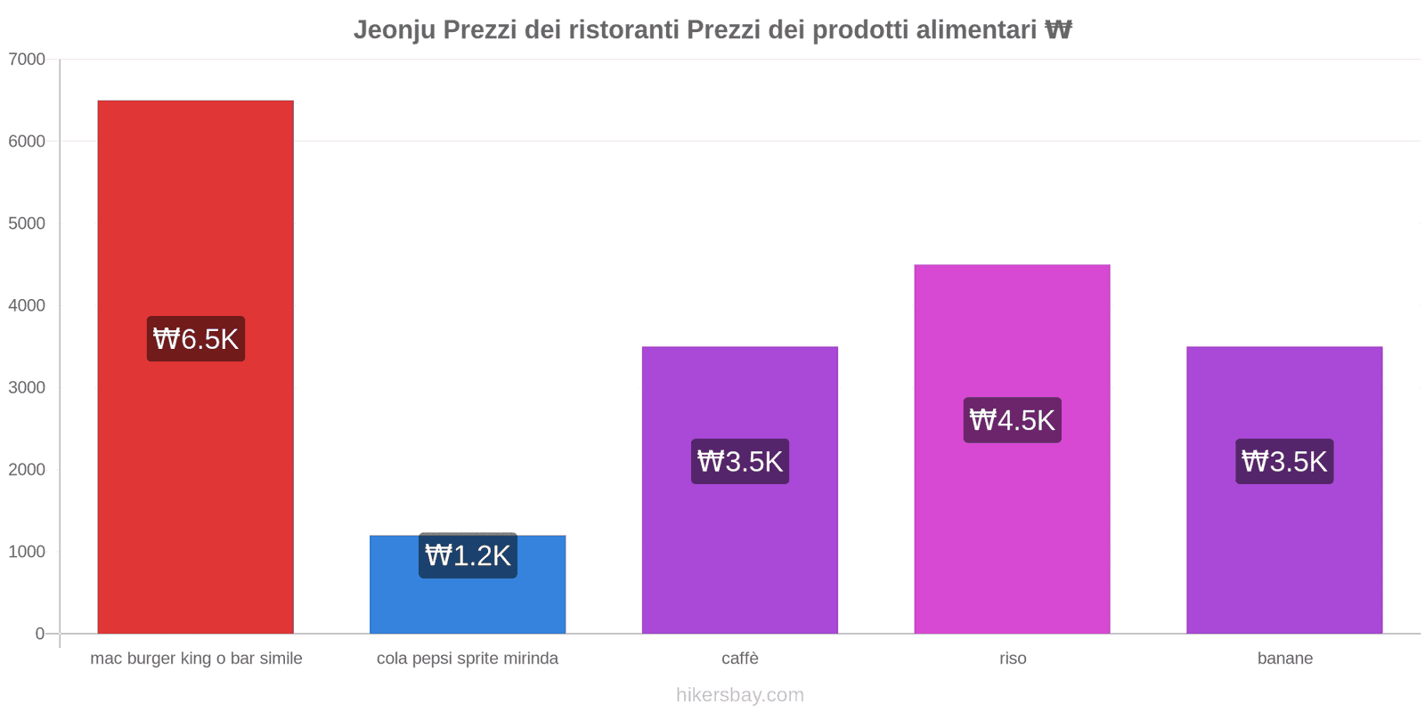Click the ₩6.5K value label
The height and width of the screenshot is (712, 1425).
pyautogui.click(x=196, y=339)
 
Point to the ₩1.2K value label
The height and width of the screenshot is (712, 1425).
pyautogui.click(x=468, y=555)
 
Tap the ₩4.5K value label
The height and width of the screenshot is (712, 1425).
pyautogui.click(x=1012, y=420)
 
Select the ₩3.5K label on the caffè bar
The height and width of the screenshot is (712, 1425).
pyautogui.click(x=739, y=462)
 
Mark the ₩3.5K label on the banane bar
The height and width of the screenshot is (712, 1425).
pyautogui.click(x=1284, y=462)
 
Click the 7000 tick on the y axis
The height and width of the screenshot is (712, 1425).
pyautogui.click(x=27, y=60)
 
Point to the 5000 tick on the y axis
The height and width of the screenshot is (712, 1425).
pyautogui.click(x=27, y=223)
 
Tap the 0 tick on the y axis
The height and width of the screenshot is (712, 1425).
pyautogui.click(x=39, y=634)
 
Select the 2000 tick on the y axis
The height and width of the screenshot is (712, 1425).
pyautogui.click(x=27, y=470)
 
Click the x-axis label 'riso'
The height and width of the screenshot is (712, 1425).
pyautogui.click(x=1013, y=659)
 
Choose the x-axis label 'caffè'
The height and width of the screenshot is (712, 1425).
pyautogui.click(x=740, y=659)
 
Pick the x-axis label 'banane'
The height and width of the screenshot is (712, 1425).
pyautogui.click(x=1284, y=659)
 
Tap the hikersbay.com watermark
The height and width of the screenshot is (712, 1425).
pyautogui.click(x=739, y=695)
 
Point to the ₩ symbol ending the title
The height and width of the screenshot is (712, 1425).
pyautogui.click(x=1058, y=30)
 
